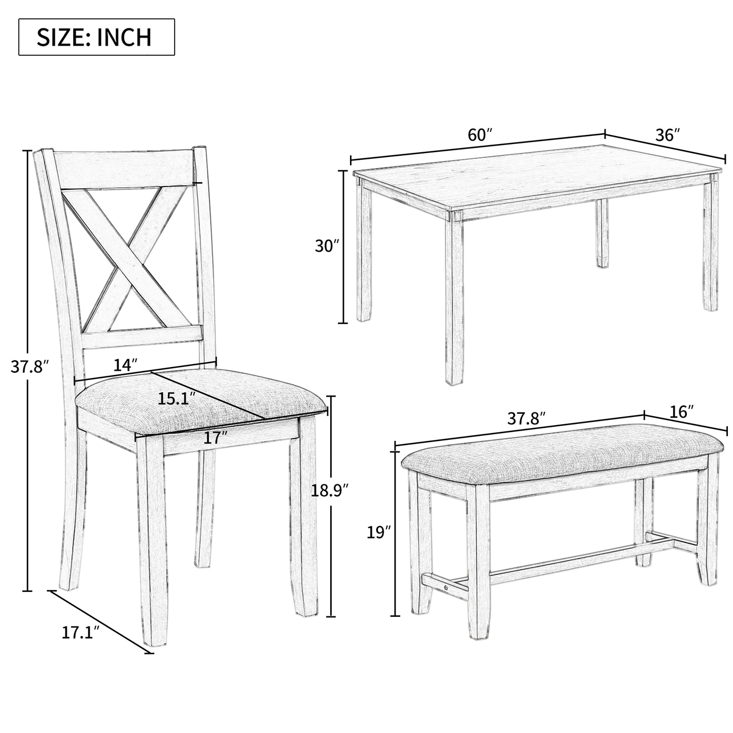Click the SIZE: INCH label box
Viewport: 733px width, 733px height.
(96, 37)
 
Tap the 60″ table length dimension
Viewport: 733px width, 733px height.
(479, 135)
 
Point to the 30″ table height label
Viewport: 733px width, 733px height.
(327, 246)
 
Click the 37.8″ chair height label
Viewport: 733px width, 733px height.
(30, 366)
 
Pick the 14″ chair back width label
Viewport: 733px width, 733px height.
(125, 365)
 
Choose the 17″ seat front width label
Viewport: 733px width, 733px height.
(215, 438)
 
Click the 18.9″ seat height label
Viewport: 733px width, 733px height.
(330, 491)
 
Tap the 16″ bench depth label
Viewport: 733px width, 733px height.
(681, 412)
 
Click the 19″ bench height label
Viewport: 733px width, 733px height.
(379, 533)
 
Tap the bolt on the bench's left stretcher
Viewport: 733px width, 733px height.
(445, 587)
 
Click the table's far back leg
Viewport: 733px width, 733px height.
(602, 233)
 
